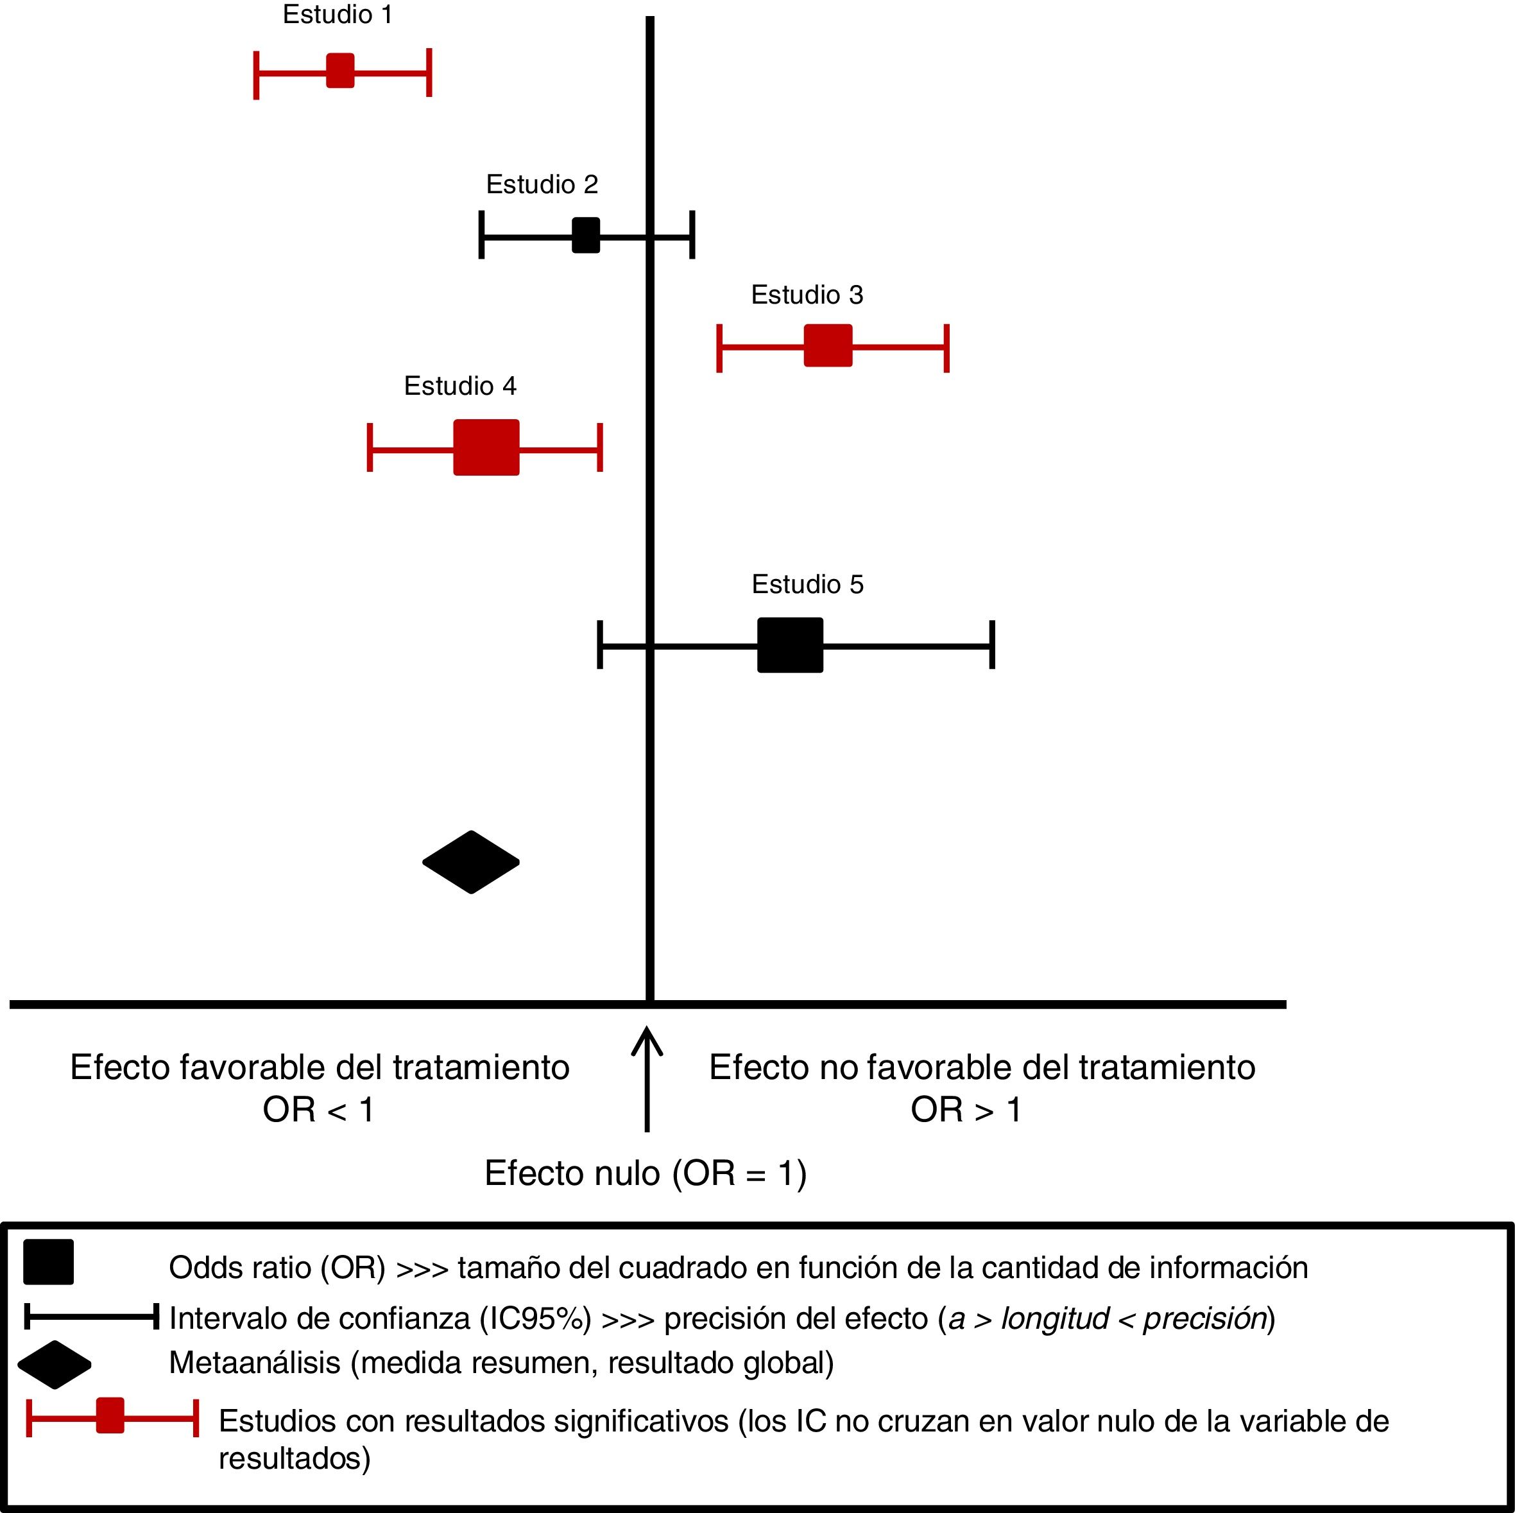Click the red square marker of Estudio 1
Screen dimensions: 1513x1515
point(340,71)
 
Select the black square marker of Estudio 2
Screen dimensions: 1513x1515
point(586,236)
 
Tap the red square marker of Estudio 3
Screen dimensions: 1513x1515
point(828,345)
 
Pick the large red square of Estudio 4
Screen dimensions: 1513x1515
point(486,447)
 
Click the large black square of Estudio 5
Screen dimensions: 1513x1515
point(791,644)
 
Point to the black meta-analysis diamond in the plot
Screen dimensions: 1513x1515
point(470,862)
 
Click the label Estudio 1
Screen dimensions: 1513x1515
point(337,14)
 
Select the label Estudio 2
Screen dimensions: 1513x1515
point(542,184)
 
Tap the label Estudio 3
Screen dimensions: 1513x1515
point(807,295)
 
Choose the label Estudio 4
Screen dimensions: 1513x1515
point(460,386)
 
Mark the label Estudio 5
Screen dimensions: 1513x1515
point(808,584)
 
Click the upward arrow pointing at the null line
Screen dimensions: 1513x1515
point(647,1078)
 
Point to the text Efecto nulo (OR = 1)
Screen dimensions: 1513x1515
point(646,1173)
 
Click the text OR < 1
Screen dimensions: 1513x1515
point(318,1110)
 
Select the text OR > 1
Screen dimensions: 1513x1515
point(966,1110)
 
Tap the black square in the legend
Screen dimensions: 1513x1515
point(49,1262)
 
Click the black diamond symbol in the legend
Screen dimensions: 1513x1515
point(54,1365)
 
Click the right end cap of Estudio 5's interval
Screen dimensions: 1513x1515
point(992,644)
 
